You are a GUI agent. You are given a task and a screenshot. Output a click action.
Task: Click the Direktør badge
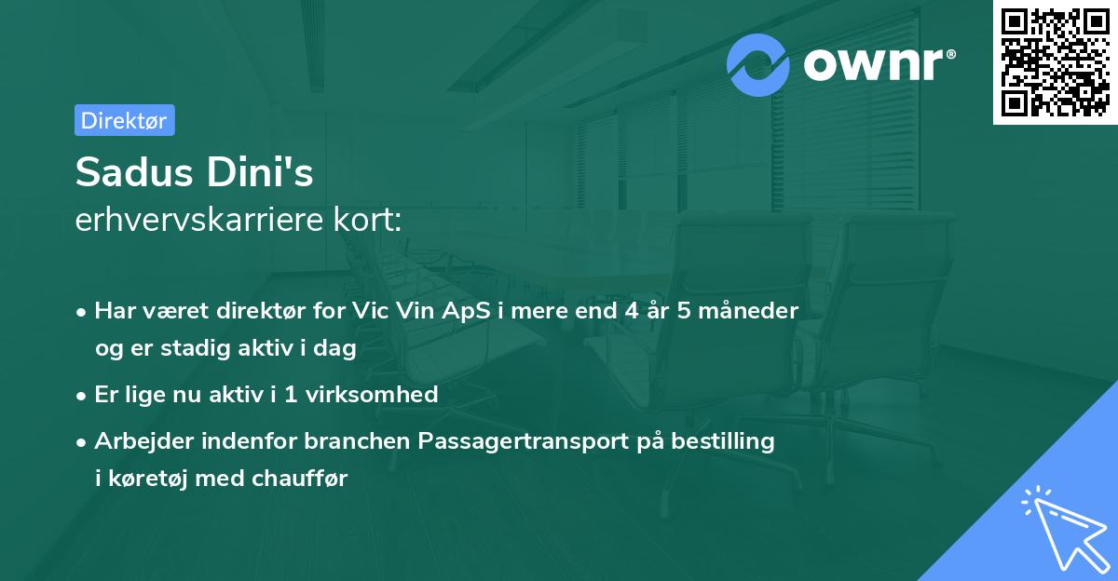pos(124,120)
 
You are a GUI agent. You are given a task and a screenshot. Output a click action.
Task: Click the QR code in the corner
pos(1055,62)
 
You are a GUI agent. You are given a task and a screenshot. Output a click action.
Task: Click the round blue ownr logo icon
pos(758,65)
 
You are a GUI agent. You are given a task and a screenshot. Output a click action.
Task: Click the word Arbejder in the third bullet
pos(139,440)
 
